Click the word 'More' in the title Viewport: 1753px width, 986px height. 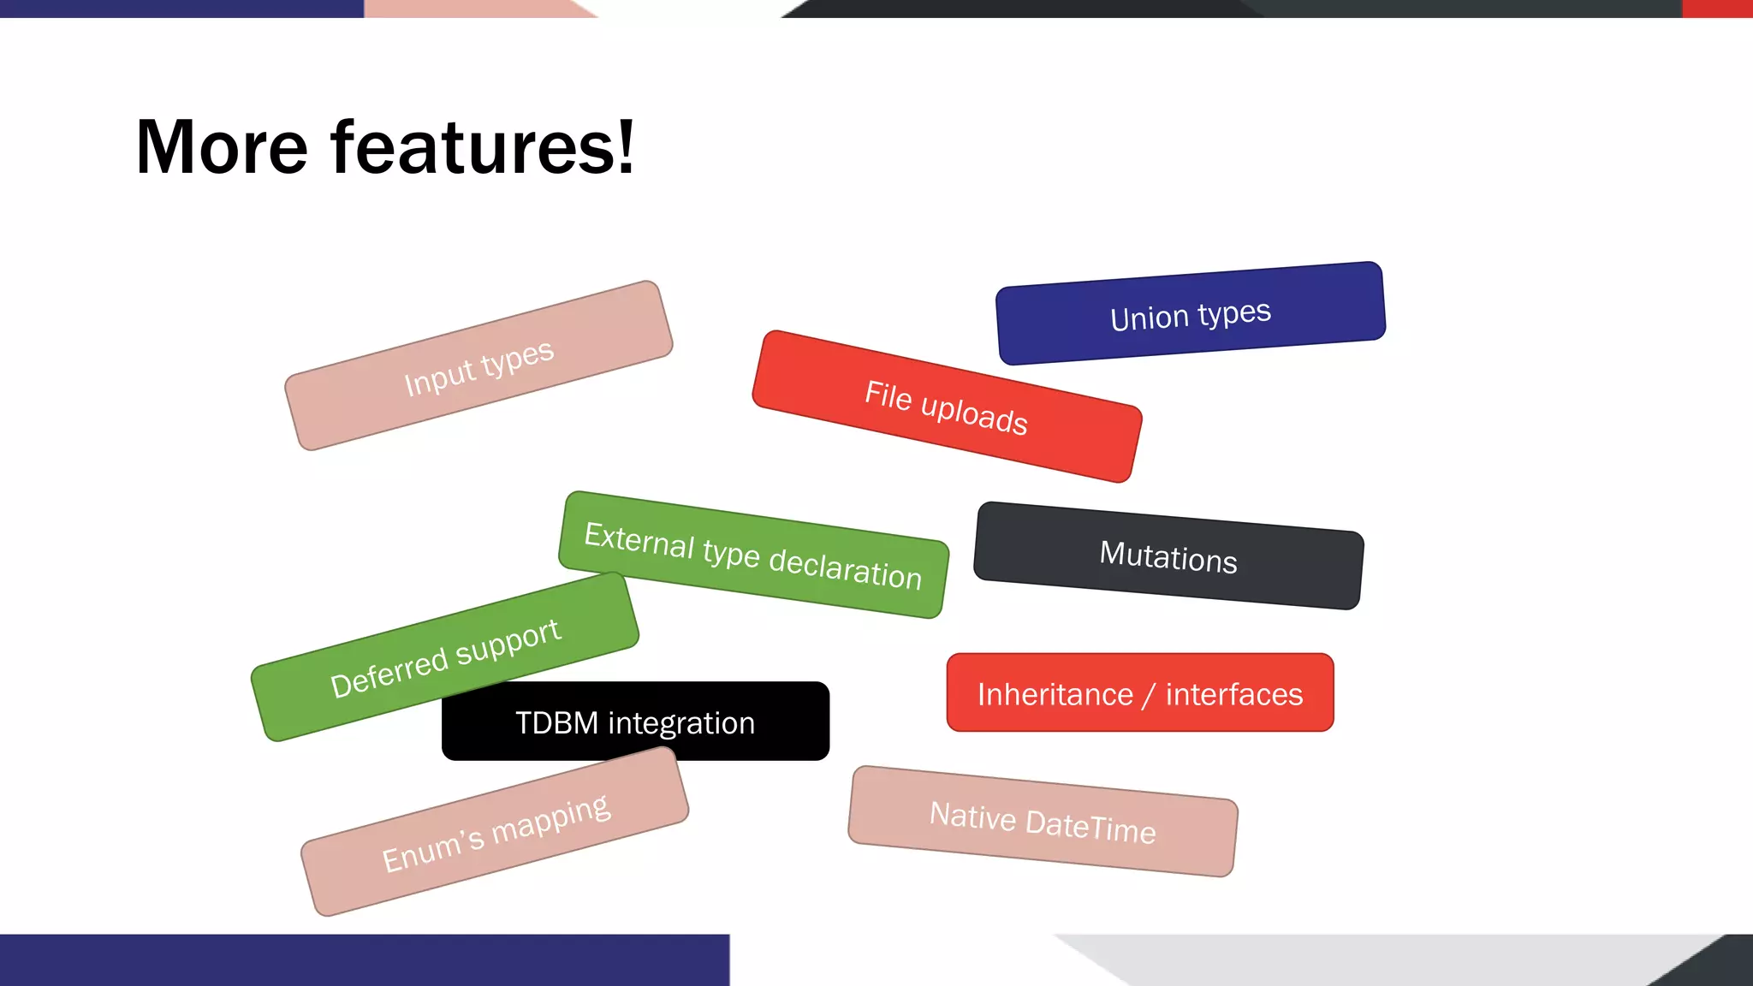[x=222, y=147]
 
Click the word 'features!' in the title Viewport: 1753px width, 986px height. [x=483, y=147]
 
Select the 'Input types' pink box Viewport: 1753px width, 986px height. [x=478, y=365]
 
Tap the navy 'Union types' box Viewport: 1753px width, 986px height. [x=1191, y=313]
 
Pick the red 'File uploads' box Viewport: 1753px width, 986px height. [x=947, y=407]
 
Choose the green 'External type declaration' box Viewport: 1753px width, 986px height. [x=753, y=555]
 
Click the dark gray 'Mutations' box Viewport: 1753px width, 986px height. [x=1168, y=555]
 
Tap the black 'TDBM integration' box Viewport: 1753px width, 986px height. [x=635, y=722]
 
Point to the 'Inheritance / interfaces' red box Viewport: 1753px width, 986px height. [x=1140, y=692]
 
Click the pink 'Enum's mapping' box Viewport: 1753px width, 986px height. [x=495, y=832]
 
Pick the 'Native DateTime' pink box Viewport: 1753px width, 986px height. [x=1043, y=822]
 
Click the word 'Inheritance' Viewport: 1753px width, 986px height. [x=1055, y=694]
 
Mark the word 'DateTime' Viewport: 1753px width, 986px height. [x=1090, y=827]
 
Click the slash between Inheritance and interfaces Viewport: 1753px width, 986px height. [x=1150, y=694]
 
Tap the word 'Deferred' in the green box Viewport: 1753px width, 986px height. [x=389, y=673]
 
